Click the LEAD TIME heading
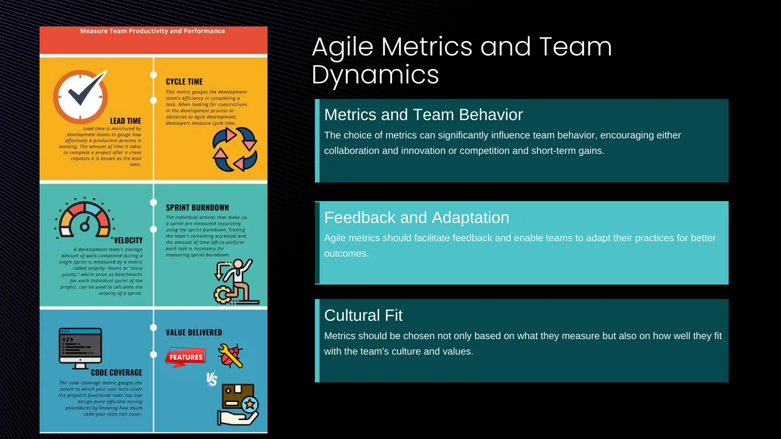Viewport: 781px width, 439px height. click(x=125, y=121)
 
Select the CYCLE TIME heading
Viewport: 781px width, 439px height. click(x=184, y=82)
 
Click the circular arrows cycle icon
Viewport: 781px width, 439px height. click(x=235, y=149)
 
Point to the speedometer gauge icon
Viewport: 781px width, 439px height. click(x=85, y=218)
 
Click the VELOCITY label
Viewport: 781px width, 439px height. click(x=128, y=240)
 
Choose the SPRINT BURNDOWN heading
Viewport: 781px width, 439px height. click(x=197, y=208)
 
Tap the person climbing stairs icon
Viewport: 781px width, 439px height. click(x=236, y=282)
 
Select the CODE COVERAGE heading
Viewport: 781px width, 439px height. click(x=116, y=373)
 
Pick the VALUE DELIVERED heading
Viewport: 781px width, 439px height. click(x=194, y=333)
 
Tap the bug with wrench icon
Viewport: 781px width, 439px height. click(x=231, y=356)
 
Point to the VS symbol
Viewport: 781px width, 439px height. click(x=212, y=379)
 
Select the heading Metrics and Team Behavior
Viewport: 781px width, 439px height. click(x=423, y=115)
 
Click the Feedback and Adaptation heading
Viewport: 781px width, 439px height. click(x=416, y=218)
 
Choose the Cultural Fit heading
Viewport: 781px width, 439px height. click(x=363, y=316)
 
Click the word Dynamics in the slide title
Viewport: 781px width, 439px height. click(x=375, y=74)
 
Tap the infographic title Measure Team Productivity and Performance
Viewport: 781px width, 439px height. click(x=153, y=31)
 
